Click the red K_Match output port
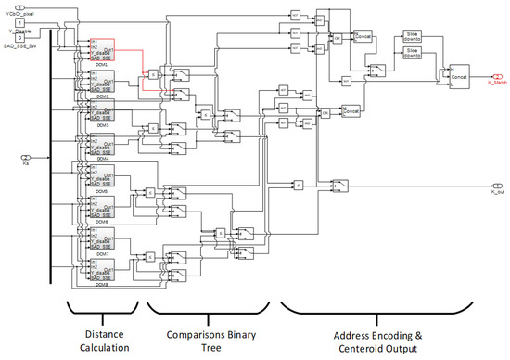489,76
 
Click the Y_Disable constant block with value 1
19,21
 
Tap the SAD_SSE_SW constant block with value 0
19,37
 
